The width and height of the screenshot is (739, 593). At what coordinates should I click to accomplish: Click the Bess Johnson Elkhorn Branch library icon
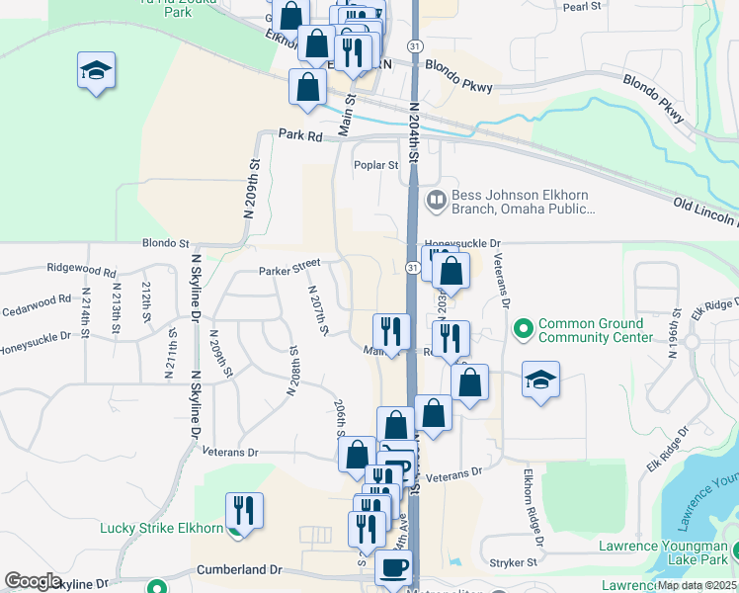(436, 201)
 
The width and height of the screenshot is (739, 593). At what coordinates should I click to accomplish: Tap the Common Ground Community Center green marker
(523, 326)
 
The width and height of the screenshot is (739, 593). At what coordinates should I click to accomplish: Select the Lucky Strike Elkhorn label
(161, 528)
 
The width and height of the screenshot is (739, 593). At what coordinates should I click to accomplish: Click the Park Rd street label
(300, 135)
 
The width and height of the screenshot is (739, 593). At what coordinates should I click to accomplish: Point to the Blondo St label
(165, 242)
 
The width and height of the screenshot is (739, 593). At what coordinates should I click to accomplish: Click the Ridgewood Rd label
(81, 269)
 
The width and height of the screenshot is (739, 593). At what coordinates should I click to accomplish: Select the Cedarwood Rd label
(38, 298)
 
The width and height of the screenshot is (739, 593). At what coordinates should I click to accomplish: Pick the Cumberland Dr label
(239, 570)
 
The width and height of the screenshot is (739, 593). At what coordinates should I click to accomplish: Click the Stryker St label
(517, 561)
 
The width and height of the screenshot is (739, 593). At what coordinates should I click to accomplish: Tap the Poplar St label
(376, 166)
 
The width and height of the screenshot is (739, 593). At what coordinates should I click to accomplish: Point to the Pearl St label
(582, 6)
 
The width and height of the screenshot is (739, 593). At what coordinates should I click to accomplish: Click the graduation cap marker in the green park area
(97, 71)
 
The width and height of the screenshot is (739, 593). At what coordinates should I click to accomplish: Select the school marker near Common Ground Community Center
(540, 380)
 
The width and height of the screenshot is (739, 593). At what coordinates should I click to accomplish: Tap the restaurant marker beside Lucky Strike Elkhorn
(244, 511)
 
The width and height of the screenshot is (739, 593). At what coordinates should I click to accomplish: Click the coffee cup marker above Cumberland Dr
(395, 568)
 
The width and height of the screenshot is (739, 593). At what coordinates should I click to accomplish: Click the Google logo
(33, 581)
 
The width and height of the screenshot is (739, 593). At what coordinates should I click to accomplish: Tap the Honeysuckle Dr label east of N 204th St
(463, 242)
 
